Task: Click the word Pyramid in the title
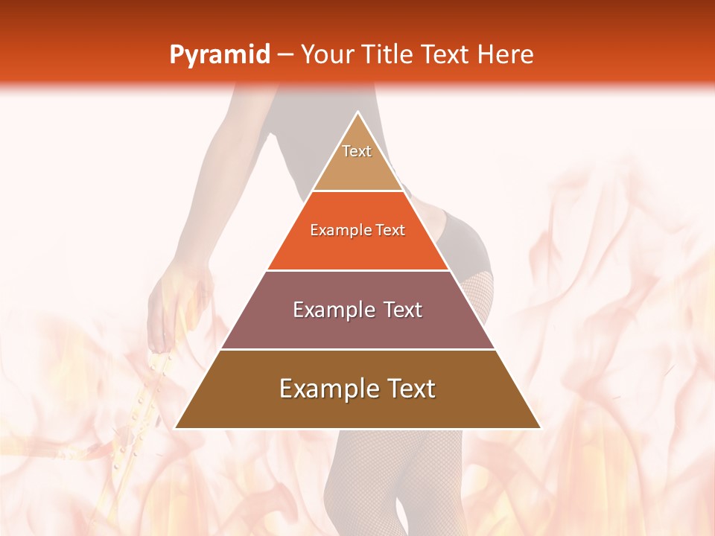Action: coord(219,55)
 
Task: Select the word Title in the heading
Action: coord(390,55)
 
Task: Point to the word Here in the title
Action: coord(505,55)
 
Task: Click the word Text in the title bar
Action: coord(445,55)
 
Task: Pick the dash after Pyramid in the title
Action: coord(285,55)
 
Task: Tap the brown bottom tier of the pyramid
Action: coord(357,406)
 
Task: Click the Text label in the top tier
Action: coord(357,151)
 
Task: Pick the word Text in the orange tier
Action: coord(390,231)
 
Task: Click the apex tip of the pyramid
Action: coord(357,113)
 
